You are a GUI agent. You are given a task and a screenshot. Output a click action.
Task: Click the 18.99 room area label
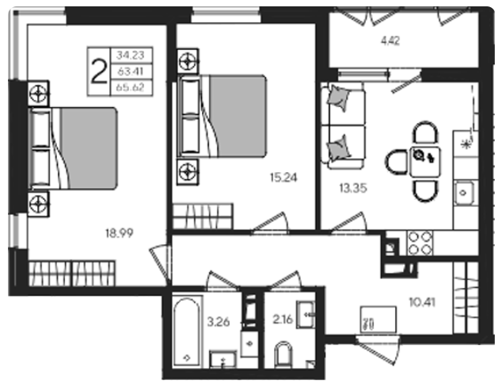coord(119,233)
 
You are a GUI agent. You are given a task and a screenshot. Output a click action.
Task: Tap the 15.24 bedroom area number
coord(283,178)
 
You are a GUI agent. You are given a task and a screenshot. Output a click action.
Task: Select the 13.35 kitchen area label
coord(353,188)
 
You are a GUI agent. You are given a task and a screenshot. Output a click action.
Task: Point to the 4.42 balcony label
coord(390,41)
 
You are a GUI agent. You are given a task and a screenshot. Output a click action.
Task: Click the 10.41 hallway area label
coord(422,301)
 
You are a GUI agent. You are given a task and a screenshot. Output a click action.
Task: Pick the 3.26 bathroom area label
coord(219,321)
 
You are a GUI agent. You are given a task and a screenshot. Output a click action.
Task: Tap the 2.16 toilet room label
coord(283,319)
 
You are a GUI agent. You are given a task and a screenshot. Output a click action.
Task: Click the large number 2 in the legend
coord(99,71)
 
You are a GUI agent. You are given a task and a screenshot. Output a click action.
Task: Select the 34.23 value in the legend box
coord(131,56)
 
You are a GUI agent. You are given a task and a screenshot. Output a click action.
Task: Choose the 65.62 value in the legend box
coord(131,87)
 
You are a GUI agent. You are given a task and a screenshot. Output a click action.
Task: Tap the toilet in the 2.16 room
coord(283,354)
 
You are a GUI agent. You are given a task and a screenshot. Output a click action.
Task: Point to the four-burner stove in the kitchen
coord(420,243)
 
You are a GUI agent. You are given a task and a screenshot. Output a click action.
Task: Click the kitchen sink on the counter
coord(463,193)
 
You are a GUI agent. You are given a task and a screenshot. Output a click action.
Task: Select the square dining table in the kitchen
coord(425,162)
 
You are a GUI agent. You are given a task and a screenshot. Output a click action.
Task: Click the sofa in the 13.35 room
coord(343,125)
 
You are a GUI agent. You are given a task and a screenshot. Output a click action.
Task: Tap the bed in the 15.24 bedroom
coord(222,116)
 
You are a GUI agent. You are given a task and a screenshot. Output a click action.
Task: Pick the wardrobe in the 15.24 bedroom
coord(203,216)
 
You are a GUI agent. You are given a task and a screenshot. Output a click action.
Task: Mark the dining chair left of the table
coord(397,162)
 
